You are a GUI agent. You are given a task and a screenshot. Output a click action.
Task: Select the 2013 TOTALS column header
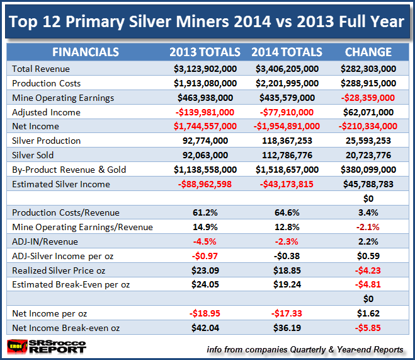tap(205, 52)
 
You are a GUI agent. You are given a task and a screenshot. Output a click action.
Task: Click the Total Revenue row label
tap(41, 69)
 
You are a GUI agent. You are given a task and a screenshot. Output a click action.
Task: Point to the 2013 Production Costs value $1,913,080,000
tap(205, 83)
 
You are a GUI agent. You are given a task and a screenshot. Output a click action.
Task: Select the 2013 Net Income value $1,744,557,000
tap(205, 127)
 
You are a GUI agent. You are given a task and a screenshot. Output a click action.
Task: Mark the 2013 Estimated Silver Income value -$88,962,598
tap(205, 185)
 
